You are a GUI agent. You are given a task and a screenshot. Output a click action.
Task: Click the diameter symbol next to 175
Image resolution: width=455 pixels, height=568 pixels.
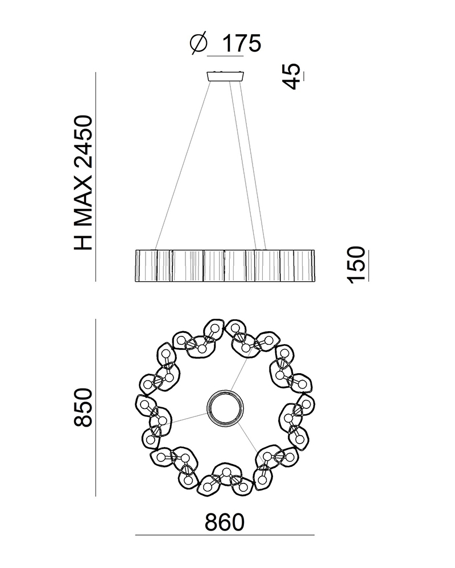(198, 44)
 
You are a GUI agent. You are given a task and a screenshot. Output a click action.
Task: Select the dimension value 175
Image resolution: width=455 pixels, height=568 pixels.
(241, 44)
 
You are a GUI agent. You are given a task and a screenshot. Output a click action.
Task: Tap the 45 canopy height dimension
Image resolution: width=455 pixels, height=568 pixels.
(292, 76)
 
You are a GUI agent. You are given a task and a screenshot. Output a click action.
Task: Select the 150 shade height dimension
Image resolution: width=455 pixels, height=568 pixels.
(355, 265)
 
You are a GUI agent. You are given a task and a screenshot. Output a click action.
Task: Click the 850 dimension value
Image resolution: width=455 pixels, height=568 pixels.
(83, 407)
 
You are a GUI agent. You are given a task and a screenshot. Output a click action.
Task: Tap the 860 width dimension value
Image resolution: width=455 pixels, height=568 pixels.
(225, 523)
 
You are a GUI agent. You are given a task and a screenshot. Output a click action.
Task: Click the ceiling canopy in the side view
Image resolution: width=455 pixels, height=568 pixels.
(225, 76)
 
